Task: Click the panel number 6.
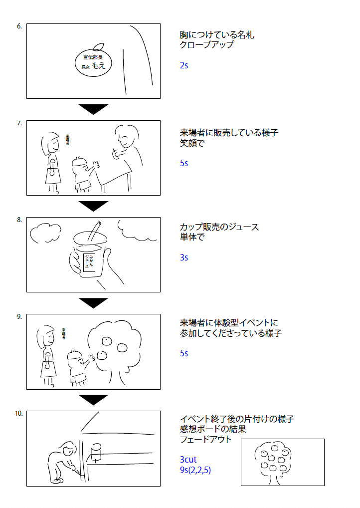coord(19,26)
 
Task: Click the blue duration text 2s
coord(184,65)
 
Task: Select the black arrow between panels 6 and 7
coord(93,109)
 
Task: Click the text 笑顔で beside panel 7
coord(192,143)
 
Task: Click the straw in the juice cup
coord(96,232)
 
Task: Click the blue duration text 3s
coord(184,257)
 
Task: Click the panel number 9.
coord(19,316)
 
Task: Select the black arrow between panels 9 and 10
coord(93,399)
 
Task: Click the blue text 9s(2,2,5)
coord(195,470)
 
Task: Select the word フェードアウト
coord(205,440)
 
